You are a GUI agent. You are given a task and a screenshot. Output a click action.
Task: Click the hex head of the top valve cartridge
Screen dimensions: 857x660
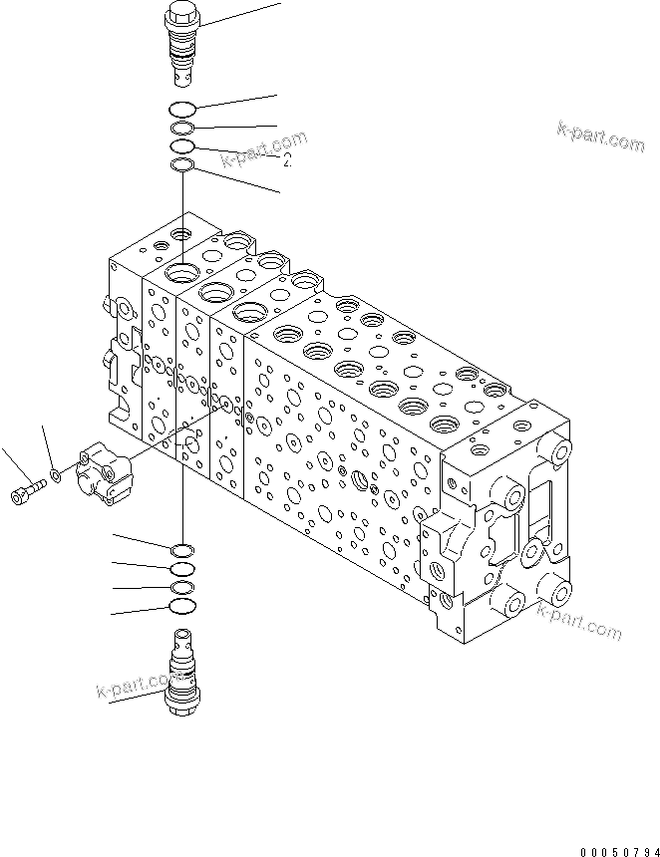point(182,16)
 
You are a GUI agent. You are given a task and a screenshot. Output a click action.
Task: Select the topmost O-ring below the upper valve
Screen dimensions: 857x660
point(182,110)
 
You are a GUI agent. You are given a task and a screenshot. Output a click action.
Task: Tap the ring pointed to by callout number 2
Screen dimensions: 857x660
point(182,146)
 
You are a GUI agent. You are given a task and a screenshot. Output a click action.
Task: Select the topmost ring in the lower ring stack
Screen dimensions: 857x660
point(182,550)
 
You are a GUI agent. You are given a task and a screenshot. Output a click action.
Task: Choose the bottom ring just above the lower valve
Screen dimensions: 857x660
point(182,606)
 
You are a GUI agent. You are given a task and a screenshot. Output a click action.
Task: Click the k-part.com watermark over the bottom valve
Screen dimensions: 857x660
point(135,688)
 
